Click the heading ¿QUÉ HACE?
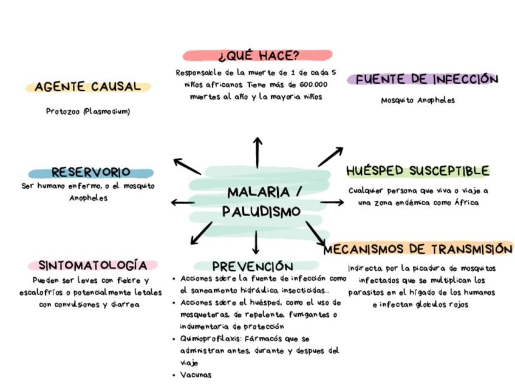258,56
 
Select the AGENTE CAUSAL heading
87,87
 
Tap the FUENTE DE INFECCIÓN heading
426,80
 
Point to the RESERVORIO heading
90,172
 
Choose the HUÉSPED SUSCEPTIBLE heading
417,171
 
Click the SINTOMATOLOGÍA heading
92,265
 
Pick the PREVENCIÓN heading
253,266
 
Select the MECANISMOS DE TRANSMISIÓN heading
418,249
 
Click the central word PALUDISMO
261,212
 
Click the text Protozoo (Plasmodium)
88,112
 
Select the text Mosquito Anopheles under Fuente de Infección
418,100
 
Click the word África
466,203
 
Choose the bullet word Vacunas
196,375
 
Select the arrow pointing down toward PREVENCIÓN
256,242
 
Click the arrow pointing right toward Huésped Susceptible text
332,202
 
